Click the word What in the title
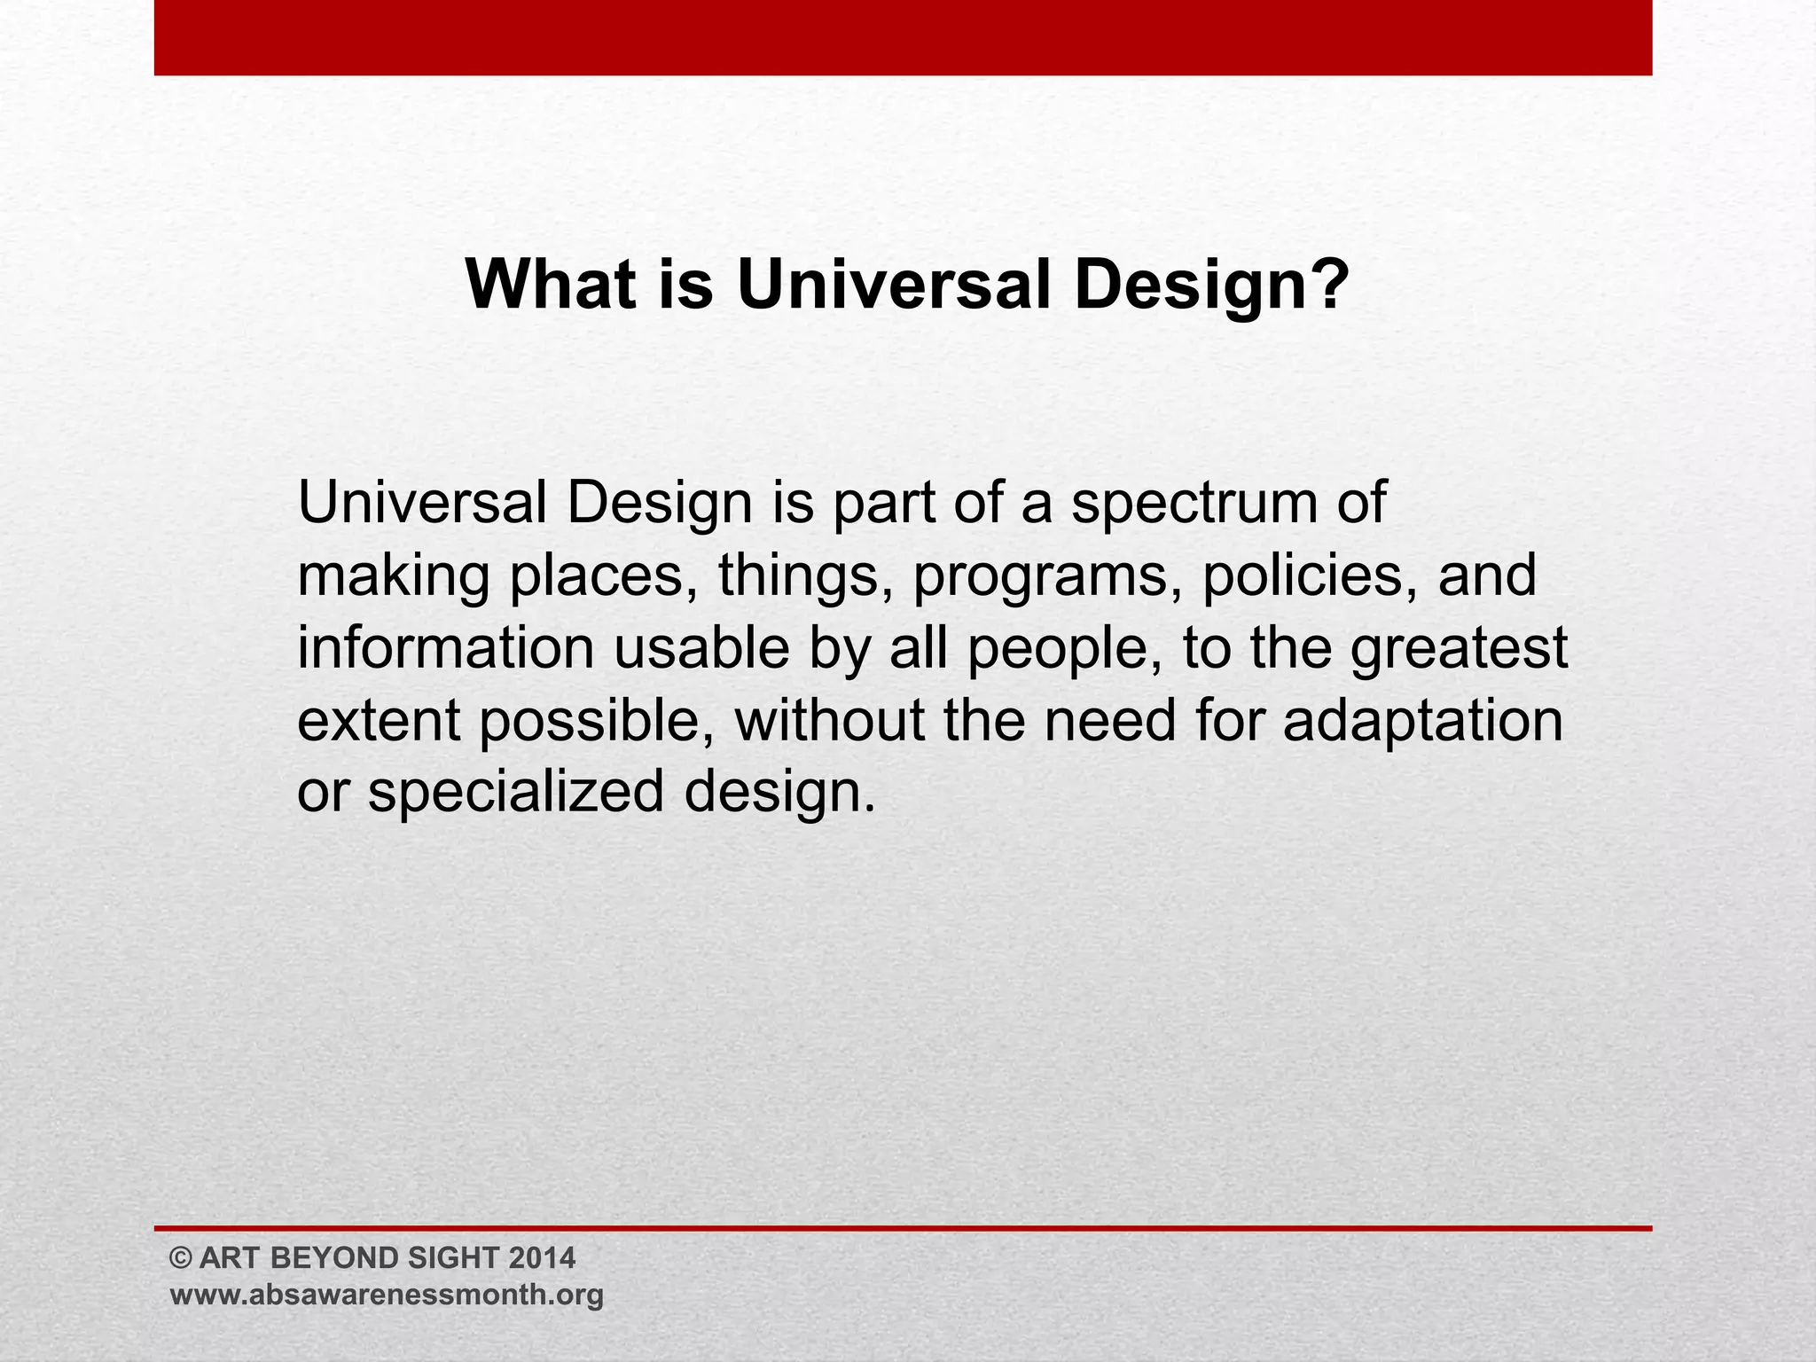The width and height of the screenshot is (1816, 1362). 550,286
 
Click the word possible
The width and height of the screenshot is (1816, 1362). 599,721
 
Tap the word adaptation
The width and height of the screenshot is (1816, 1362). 1423,721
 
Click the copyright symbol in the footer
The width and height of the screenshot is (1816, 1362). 181,1258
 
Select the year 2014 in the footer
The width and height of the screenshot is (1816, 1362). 543,1258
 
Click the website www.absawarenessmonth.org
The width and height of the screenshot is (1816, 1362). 387,1295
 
